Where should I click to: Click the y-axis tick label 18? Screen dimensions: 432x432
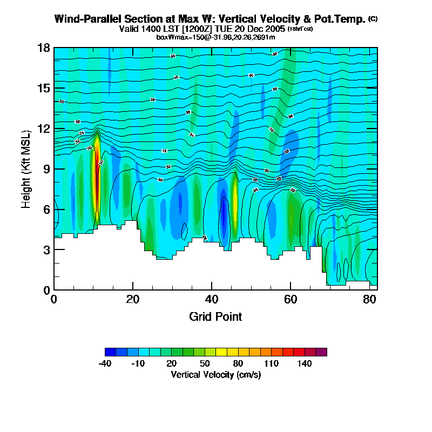44,48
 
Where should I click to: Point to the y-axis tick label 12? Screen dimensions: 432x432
44,129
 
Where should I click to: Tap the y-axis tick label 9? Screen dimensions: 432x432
46,169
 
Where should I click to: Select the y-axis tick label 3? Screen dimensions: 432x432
46,249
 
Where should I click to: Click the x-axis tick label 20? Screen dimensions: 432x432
133,299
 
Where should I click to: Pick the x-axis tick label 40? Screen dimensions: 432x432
212,299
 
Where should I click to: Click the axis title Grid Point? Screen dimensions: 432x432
215,316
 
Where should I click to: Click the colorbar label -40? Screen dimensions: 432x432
105,363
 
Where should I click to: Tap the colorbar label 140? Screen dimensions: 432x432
305,363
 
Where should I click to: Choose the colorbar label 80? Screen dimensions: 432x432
238,363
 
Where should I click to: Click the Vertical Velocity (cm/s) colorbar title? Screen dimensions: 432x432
215,375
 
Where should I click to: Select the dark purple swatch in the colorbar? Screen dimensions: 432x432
321,352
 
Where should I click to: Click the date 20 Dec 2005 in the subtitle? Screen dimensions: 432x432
259,29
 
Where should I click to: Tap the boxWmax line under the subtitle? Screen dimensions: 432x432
215,37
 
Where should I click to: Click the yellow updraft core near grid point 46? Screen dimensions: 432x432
235,200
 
